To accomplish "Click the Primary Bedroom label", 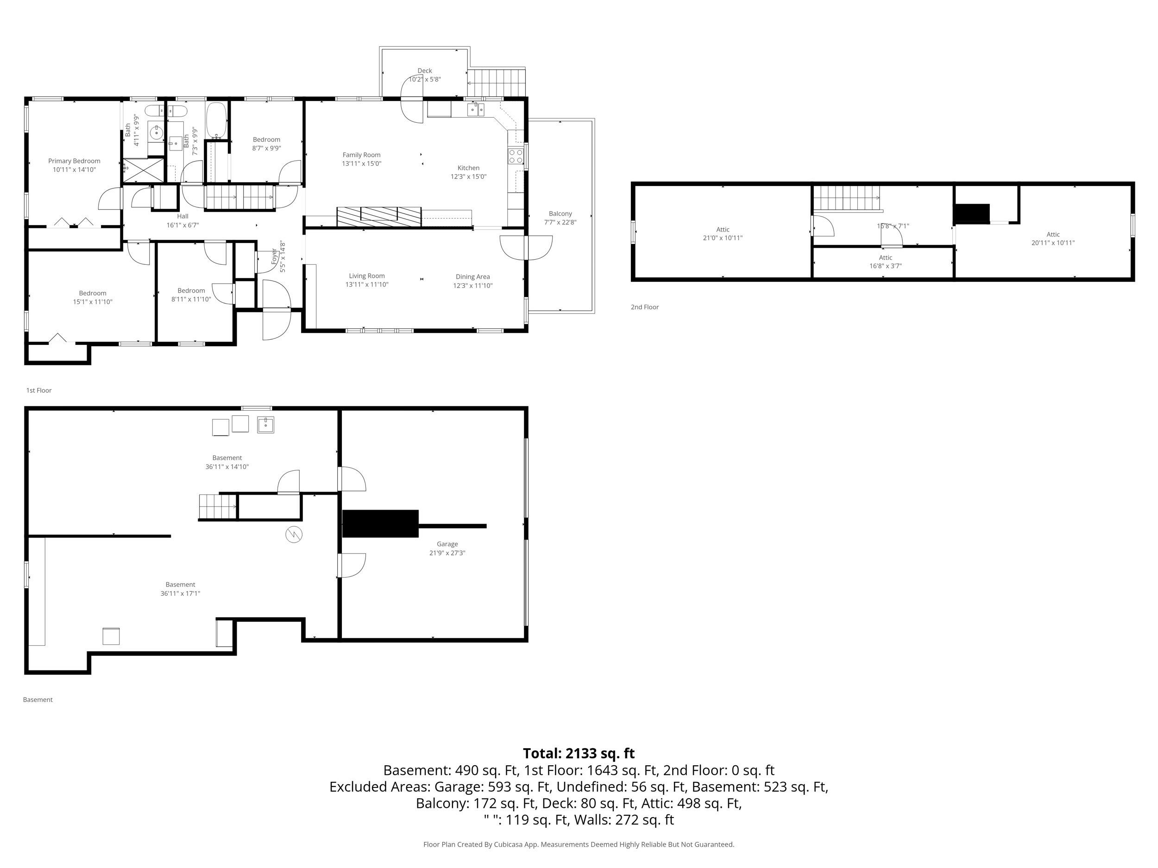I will [x=74, y=161].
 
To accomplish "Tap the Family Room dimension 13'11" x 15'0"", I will [x=361, y=164].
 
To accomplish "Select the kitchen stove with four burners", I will [x=515, y=156].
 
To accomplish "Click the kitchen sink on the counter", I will [x=476, y=109].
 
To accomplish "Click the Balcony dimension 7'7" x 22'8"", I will [x=560, y=222].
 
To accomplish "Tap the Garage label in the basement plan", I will [x=447, y=544].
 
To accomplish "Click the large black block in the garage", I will [x=380, y=524].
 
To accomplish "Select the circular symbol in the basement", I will [x=294, y=535].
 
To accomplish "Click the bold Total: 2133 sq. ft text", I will [x=579, y=753].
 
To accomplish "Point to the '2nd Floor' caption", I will [x=644, y=307].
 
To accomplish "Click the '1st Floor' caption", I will [x=39, y=390].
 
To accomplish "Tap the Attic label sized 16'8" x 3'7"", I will [x=885, y=257].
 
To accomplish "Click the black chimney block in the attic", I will [x=971, y=213].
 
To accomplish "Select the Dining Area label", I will [x=472, y=277].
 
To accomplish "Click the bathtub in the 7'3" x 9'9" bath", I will [x=216, y=121].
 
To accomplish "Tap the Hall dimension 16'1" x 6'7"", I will [x=182, y=225].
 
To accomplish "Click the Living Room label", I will [x=366, y=276].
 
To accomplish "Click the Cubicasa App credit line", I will [x=579, y=844].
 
